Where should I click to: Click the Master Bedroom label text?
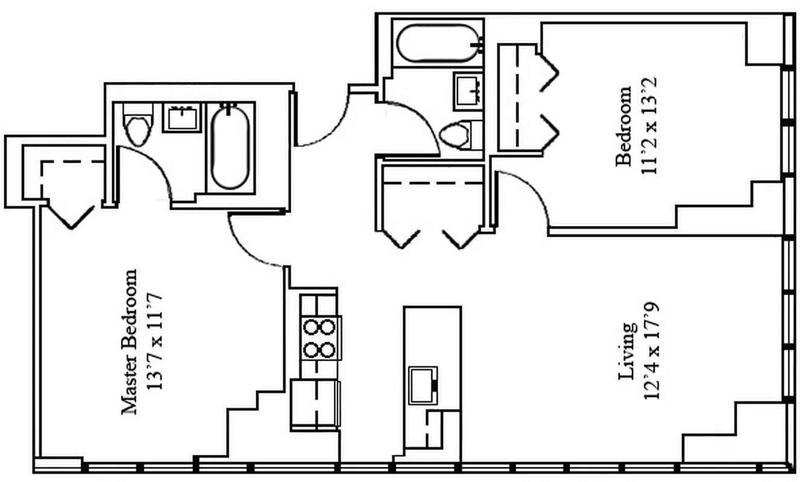(x=130, y=342)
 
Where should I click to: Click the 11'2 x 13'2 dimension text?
(x=649, y=125)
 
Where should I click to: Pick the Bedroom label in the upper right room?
(x=624, y=125)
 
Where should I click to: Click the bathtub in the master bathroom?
(x=230, y=146)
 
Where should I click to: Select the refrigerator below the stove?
(x=315, y=404)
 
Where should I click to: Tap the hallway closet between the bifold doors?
(x=432, y=205)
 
